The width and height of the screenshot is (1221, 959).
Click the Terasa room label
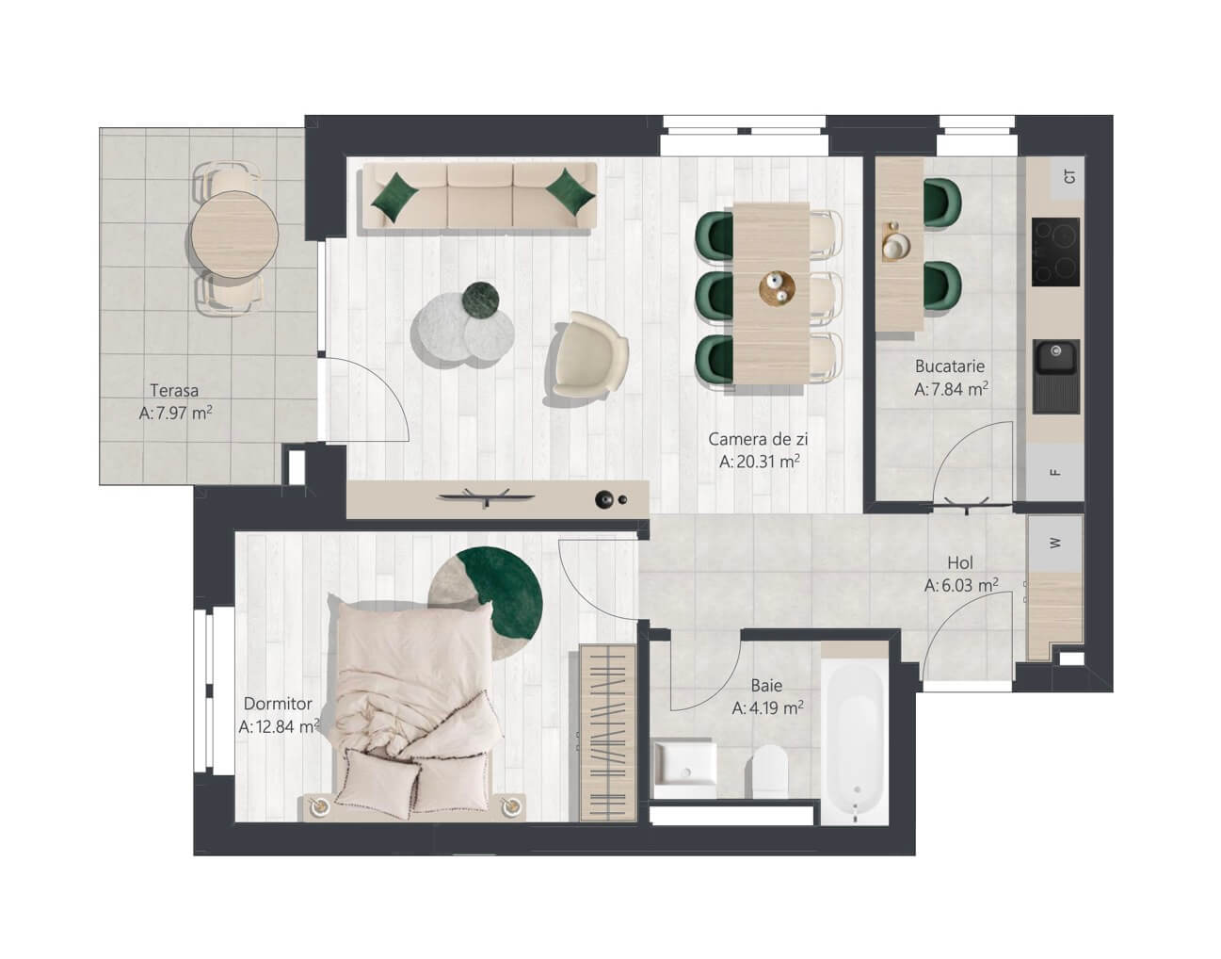pos(174,390)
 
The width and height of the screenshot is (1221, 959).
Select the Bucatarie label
pos(950,366)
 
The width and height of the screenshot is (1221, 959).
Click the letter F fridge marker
pos(1055,473)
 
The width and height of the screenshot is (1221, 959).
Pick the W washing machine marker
pos(1055,543)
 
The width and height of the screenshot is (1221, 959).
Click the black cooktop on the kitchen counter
pos(1055,252)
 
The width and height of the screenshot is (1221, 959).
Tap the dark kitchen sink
pos(1056,376)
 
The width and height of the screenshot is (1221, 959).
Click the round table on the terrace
pos(234,235)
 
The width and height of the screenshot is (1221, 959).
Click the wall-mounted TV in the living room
pos(486,496)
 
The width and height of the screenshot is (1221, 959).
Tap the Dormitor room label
pos(278,703)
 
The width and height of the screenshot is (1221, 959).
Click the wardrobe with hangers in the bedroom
pos(608,733)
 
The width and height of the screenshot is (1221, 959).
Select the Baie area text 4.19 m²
pos(776,707)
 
